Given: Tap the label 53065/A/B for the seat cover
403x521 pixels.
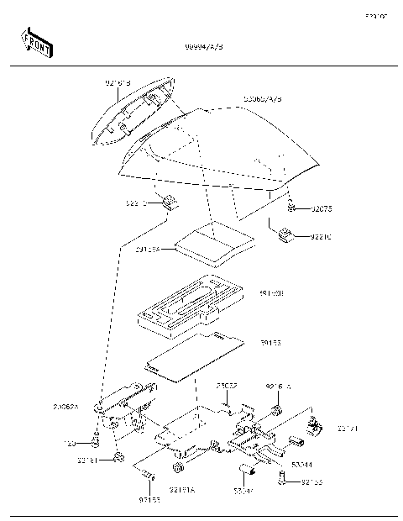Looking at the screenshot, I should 262,99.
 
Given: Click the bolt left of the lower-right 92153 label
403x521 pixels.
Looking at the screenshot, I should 283,481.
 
